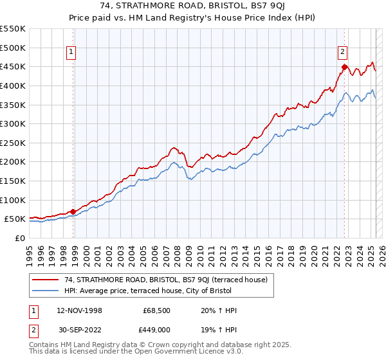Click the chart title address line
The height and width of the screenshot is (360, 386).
[x=193, y=6]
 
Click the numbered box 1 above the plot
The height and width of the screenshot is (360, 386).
[x=71, y=53]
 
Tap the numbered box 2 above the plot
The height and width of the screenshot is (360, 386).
[x=343, y=53]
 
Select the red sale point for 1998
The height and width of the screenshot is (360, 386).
[x=73, y=211]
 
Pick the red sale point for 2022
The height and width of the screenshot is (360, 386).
[x=345, y=67]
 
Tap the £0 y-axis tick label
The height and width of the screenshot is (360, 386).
[x=19, y=238]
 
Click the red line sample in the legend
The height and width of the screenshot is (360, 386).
[x=45, y=280]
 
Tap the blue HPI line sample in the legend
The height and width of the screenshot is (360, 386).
[x=45, y=291]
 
